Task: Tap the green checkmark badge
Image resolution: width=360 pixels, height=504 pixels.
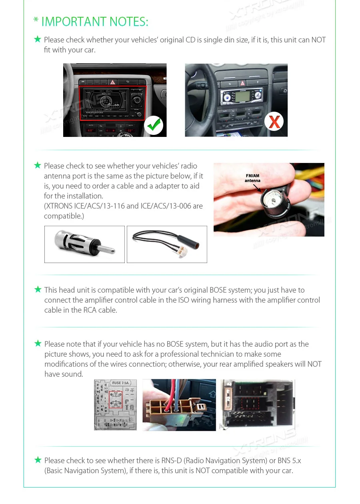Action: (x=153, y=125)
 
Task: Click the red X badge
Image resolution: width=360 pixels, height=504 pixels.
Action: (x=274, y=122)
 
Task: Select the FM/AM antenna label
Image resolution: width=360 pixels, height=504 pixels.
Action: (x=252, y=178)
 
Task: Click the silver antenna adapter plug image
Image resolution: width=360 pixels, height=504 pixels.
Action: (x=84, y=244)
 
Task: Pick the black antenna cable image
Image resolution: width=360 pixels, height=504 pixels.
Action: (x=167, y=244)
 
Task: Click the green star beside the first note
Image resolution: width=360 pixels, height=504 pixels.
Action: (x=38, y=39)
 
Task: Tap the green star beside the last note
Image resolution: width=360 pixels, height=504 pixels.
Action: (x=38, y=460)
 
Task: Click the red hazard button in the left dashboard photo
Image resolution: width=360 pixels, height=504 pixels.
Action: (x=113, y=82)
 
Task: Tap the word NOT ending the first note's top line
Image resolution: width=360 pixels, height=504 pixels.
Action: (x=318, y=40)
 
